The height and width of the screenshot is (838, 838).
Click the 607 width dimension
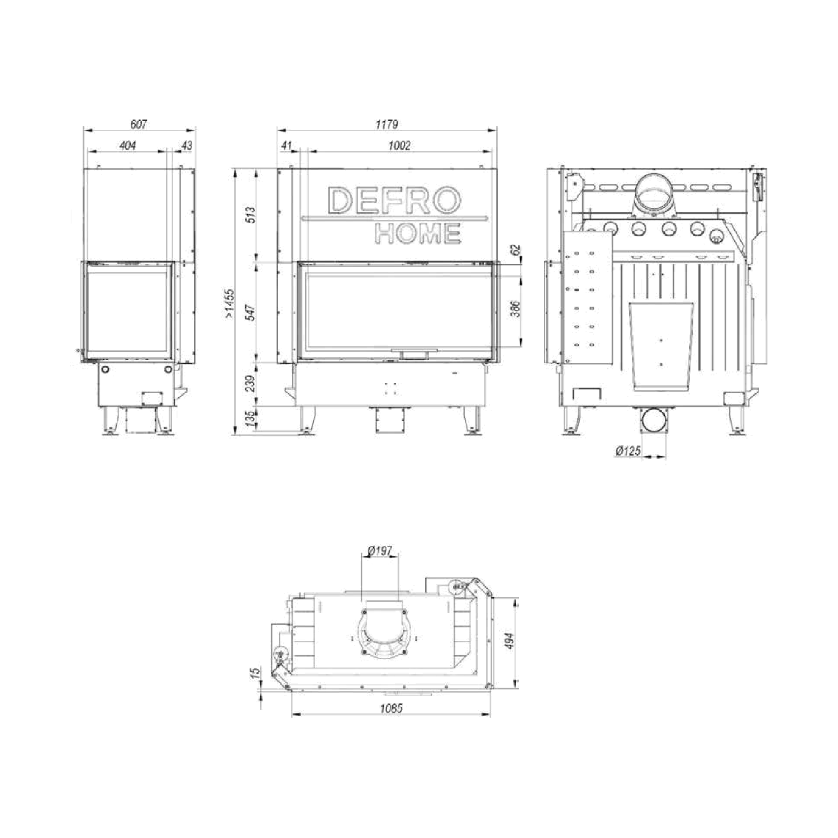(x=138, y=124)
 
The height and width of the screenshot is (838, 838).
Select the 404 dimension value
(x=128, y=145)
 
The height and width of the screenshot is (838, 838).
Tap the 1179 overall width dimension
(x=387, y=124)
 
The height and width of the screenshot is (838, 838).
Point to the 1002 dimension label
(x=399, y=145)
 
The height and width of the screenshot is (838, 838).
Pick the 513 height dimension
(x=251, y=215)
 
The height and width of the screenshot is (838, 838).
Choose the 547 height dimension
(x=251, y=313)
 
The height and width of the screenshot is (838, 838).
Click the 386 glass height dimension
(x=516, y=309)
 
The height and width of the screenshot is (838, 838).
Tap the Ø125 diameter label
(x=628, y=451)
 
